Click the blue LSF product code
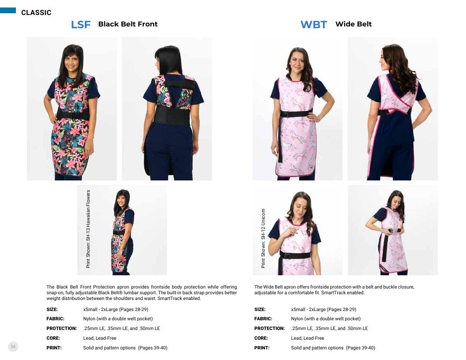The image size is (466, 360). point(81,24)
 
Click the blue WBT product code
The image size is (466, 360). point(314,24)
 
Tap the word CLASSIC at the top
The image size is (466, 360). point(36,12)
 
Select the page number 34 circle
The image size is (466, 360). point(13,347)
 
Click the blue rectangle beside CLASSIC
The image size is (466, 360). point(8,11)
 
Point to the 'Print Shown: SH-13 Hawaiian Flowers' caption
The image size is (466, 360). point(88,229)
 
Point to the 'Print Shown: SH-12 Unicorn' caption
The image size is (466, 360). point(263,238)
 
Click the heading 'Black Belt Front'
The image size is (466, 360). point(128,24)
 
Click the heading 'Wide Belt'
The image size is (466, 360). point(353,24)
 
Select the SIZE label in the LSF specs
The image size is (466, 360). point(52,309)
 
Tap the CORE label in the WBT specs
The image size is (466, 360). point(261,338)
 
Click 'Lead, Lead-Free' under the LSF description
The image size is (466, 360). point(100,338)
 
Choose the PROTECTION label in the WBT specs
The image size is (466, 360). point(269,329)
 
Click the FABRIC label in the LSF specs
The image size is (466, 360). point(55,319)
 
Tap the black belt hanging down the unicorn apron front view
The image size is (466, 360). point(280,139)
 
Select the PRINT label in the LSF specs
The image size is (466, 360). point(54,348)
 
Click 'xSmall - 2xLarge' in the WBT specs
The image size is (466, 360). point(308,309)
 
